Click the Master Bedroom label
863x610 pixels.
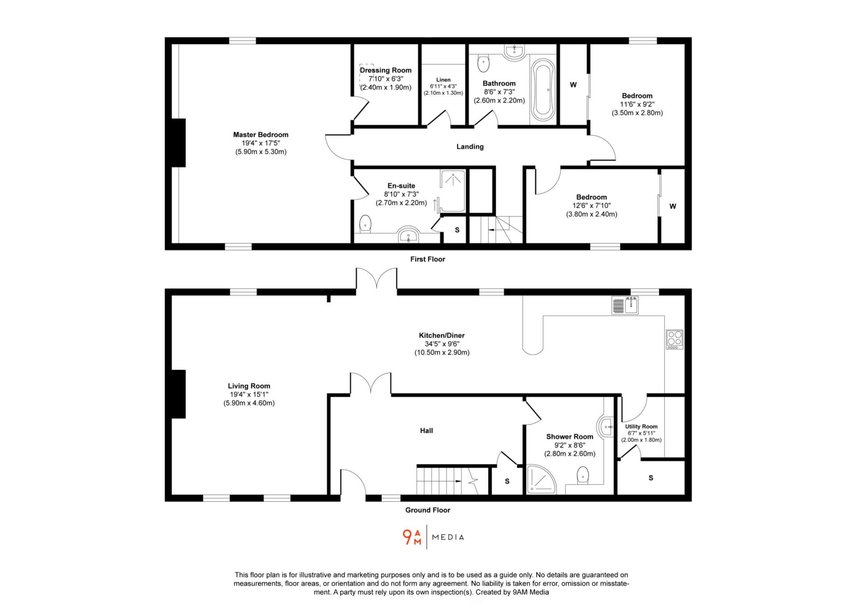pyautogui.click(x=261, y=134)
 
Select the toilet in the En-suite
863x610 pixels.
pyautogui.click(x=365, y=224)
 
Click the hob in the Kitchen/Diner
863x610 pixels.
pyautogui.click(x=674, y=339)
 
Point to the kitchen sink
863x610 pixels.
pyautogui.click(x=625, y=305)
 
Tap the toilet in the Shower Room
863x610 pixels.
pyautogui.click(x=583, y=476)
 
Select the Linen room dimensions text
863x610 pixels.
pyautogui.click(x=443, y=89)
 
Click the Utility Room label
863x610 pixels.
pyautogui.click(x=641, y=427)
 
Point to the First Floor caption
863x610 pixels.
pyautogui.click(x=427, y=259)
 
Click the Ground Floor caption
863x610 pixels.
pyautogui.click(x=427, y=510)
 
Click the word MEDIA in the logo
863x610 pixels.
pyautogui.click(x=448, y=537)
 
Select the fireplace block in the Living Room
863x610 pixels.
pyautogui.click(x=178, y=394)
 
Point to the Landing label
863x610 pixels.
pyautogui.click(x=470, y=147)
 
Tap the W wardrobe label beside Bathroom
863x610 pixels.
pyautogui.click(x=573, y=85)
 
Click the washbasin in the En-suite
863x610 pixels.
pyautogui.click(x=408, y=234)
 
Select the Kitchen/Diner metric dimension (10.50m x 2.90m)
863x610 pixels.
pyautogui.click(x=442, y=352)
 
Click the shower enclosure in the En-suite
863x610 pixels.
pyautogui.click(x=452, y=191)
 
